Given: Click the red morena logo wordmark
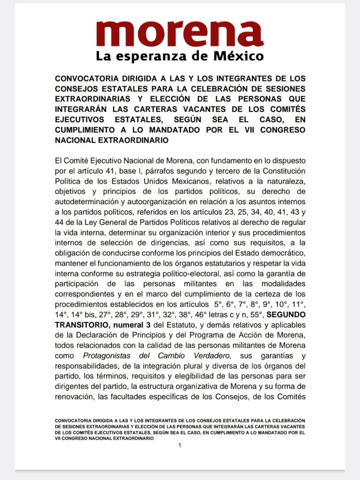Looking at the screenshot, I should point(180,33).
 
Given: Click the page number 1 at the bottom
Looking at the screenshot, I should point(180,445).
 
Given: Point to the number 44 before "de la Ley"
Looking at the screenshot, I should point(60,222).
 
